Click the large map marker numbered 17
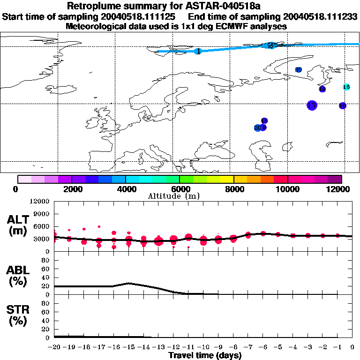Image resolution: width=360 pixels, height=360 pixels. coord(312,105)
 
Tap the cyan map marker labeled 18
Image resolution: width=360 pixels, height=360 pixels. coord(346,87)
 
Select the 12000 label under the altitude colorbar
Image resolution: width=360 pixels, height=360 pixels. coord(341,189)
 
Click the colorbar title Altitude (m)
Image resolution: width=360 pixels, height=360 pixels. coord(179,196)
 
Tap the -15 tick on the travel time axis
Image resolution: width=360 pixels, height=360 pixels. coord(129,347)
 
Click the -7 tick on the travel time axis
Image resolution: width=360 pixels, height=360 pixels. coord(248,347)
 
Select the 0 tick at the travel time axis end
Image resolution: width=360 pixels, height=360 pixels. coord(352,347)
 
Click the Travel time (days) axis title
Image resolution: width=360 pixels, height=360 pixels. coord(204,355)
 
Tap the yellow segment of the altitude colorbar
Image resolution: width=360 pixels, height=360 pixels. coord(227,179)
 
